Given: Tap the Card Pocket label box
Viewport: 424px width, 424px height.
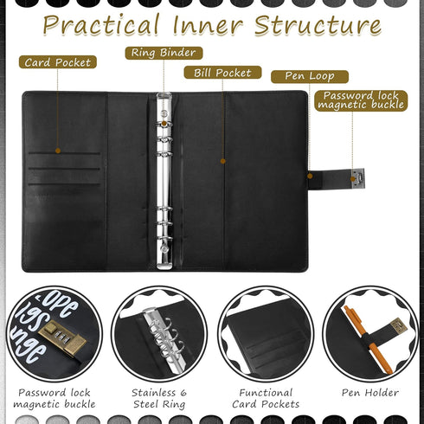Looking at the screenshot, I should coord(58,62).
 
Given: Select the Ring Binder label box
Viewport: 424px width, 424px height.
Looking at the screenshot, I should coord(164,53).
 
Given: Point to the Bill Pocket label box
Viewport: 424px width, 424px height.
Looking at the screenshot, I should coord(222,72).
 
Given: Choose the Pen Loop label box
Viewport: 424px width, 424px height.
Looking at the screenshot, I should coord(309,76).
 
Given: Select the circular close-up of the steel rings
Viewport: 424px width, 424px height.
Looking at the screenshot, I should coord(159,333).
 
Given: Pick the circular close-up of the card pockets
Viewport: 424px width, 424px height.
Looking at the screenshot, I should coord(265,333).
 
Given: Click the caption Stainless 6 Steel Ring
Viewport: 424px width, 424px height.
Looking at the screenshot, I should coord(158,398).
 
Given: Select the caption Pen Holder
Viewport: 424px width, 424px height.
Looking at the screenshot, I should coord(370,392).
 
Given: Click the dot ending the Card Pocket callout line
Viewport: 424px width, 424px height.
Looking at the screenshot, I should coord(58,151).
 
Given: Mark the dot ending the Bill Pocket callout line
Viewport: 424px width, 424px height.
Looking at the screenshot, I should coord(222,160).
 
